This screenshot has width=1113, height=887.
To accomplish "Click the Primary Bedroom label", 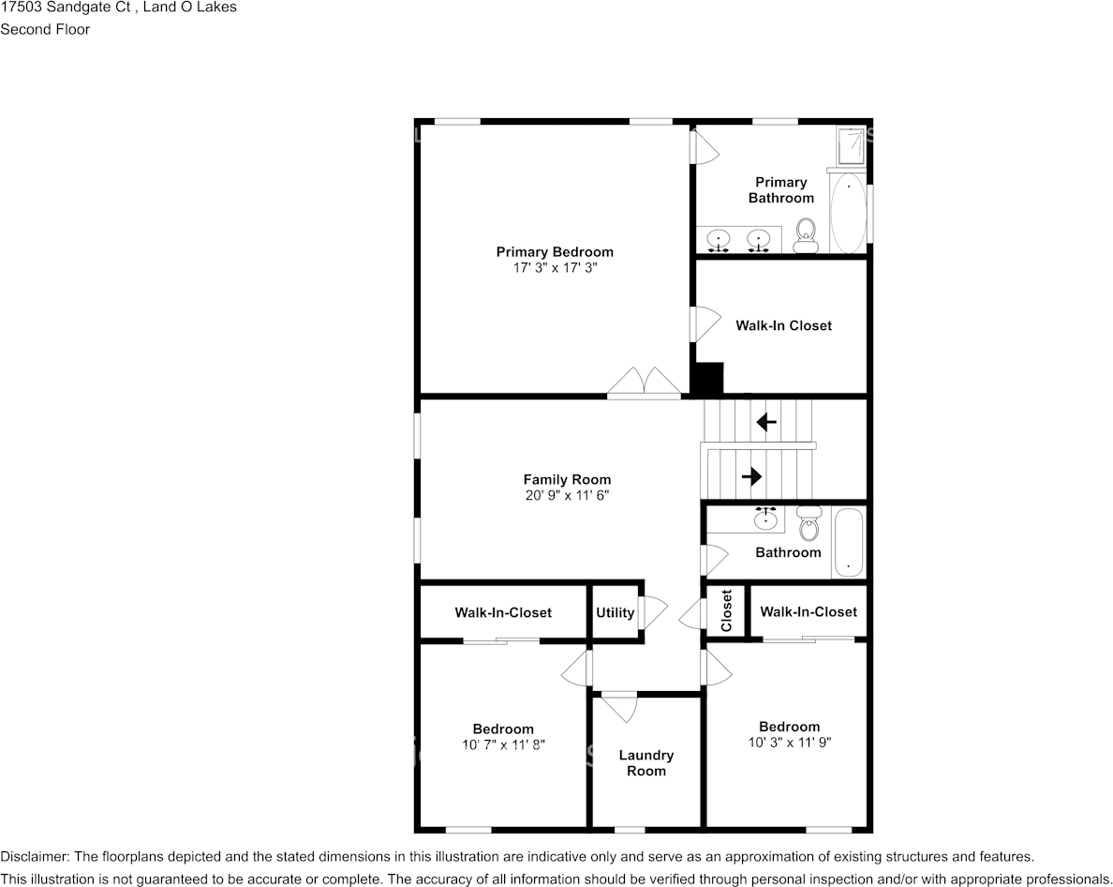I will tap(555, 251).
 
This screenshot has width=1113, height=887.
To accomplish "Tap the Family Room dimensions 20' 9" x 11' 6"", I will tap(567, 495).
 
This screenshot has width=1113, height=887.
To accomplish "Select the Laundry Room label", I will tap(646, 762).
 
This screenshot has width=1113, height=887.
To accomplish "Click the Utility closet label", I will tap(615, 612).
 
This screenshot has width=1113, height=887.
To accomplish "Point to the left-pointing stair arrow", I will tap(766, 422).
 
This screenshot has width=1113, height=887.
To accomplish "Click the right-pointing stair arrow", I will tap(751, 476).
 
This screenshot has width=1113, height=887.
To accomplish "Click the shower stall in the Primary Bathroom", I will tap(851, 145).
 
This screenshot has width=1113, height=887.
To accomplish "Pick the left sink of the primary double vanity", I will tap(719, 239).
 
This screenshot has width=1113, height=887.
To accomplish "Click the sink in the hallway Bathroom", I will tap(766, 519).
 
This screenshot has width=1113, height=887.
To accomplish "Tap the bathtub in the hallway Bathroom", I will tap(848, 543).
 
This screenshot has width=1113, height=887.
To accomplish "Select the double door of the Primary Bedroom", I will tap(644, 383).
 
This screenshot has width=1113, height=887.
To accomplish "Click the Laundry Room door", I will tap(619, 705).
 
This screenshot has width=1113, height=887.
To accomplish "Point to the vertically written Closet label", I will tap(727, 610).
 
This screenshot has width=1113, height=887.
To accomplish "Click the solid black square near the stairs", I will tap(708, 379).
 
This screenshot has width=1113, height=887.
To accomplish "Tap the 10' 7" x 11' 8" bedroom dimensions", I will tap(503, 744).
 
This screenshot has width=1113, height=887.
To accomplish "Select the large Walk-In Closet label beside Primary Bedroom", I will tap(783, 325).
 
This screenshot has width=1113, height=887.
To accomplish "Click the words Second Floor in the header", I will tap(45, 29).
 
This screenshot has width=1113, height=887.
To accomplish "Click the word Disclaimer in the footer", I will tap(34, 856).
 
